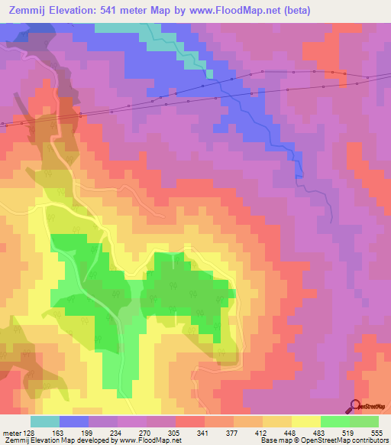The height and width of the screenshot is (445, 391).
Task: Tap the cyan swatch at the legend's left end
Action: [45, 421]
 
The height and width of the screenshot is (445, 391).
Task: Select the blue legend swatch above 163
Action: [74, 421]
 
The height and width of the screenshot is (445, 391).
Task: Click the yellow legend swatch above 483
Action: [306, 421]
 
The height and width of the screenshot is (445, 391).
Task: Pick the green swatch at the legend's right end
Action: [364, 421]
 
